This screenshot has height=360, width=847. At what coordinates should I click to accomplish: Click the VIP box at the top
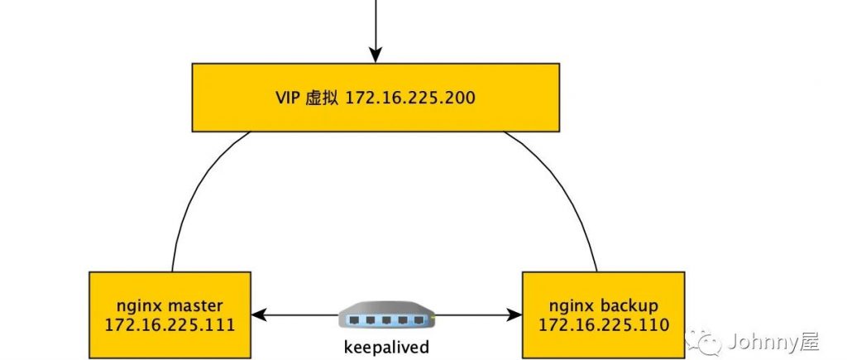click(x=375, y=98)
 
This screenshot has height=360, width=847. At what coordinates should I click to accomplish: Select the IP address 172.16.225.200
click(x=409, y=98)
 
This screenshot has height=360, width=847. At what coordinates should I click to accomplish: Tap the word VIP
click(x=290, y=98)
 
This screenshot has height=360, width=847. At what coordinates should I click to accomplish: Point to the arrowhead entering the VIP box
click(x=375, y=55)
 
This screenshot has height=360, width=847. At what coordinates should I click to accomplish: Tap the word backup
click(x=628, y=304)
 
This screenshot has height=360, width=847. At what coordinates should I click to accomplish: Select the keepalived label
click(x=386, y=346)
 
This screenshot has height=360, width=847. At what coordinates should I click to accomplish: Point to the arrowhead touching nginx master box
click(x=258, y=315)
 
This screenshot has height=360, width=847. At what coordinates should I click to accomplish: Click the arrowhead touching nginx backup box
click(x=516, y=315)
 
